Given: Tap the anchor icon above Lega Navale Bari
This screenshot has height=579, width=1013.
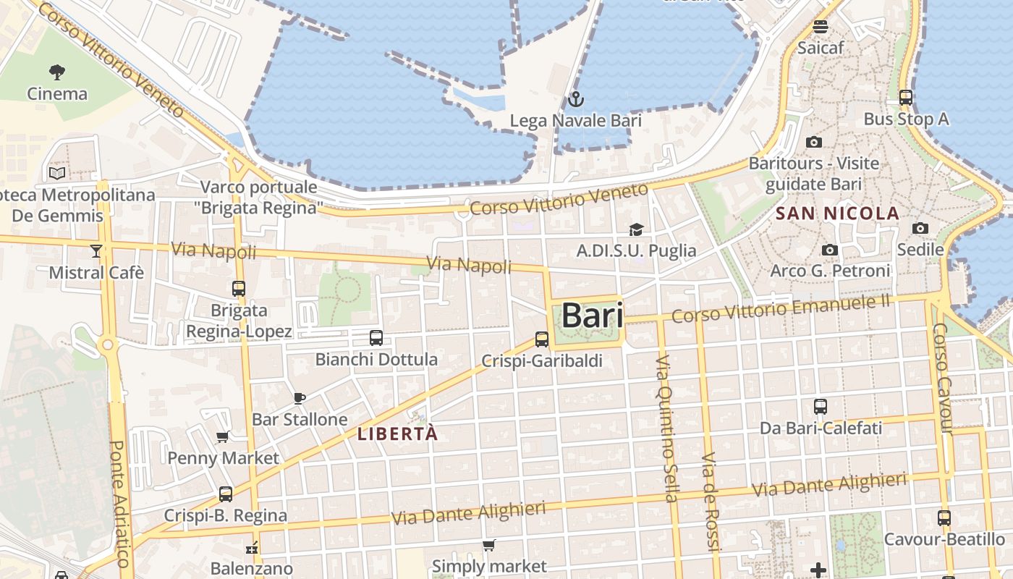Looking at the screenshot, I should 576,99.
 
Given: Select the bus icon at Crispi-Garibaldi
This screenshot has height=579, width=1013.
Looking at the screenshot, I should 542,339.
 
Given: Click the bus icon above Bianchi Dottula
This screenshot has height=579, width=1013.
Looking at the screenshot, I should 376,337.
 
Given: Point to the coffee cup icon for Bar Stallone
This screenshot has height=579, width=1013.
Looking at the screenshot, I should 300,398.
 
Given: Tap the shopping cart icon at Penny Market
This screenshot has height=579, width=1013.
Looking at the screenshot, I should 223,436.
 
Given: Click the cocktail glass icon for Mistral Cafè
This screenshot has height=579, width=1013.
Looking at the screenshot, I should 96,251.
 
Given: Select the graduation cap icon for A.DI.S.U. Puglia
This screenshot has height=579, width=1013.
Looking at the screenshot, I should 636,229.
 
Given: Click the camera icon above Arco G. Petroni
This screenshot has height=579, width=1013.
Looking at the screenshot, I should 830,250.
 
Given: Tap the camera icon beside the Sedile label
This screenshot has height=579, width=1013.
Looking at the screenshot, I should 920,228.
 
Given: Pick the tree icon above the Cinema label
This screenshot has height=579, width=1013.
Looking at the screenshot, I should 57,72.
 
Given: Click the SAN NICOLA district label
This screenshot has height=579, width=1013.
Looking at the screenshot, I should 837,214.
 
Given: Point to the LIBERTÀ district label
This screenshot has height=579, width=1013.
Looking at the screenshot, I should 398,434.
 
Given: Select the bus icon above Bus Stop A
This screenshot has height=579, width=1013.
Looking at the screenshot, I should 906,97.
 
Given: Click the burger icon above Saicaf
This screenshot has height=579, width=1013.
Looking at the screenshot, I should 821,27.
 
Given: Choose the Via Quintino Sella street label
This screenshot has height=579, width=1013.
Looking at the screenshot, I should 667,428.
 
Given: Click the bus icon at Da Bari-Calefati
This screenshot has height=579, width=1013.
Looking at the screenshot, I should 821,407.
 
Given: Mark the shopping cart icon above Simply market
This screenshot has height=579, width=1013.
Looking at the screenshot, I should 489,545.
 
